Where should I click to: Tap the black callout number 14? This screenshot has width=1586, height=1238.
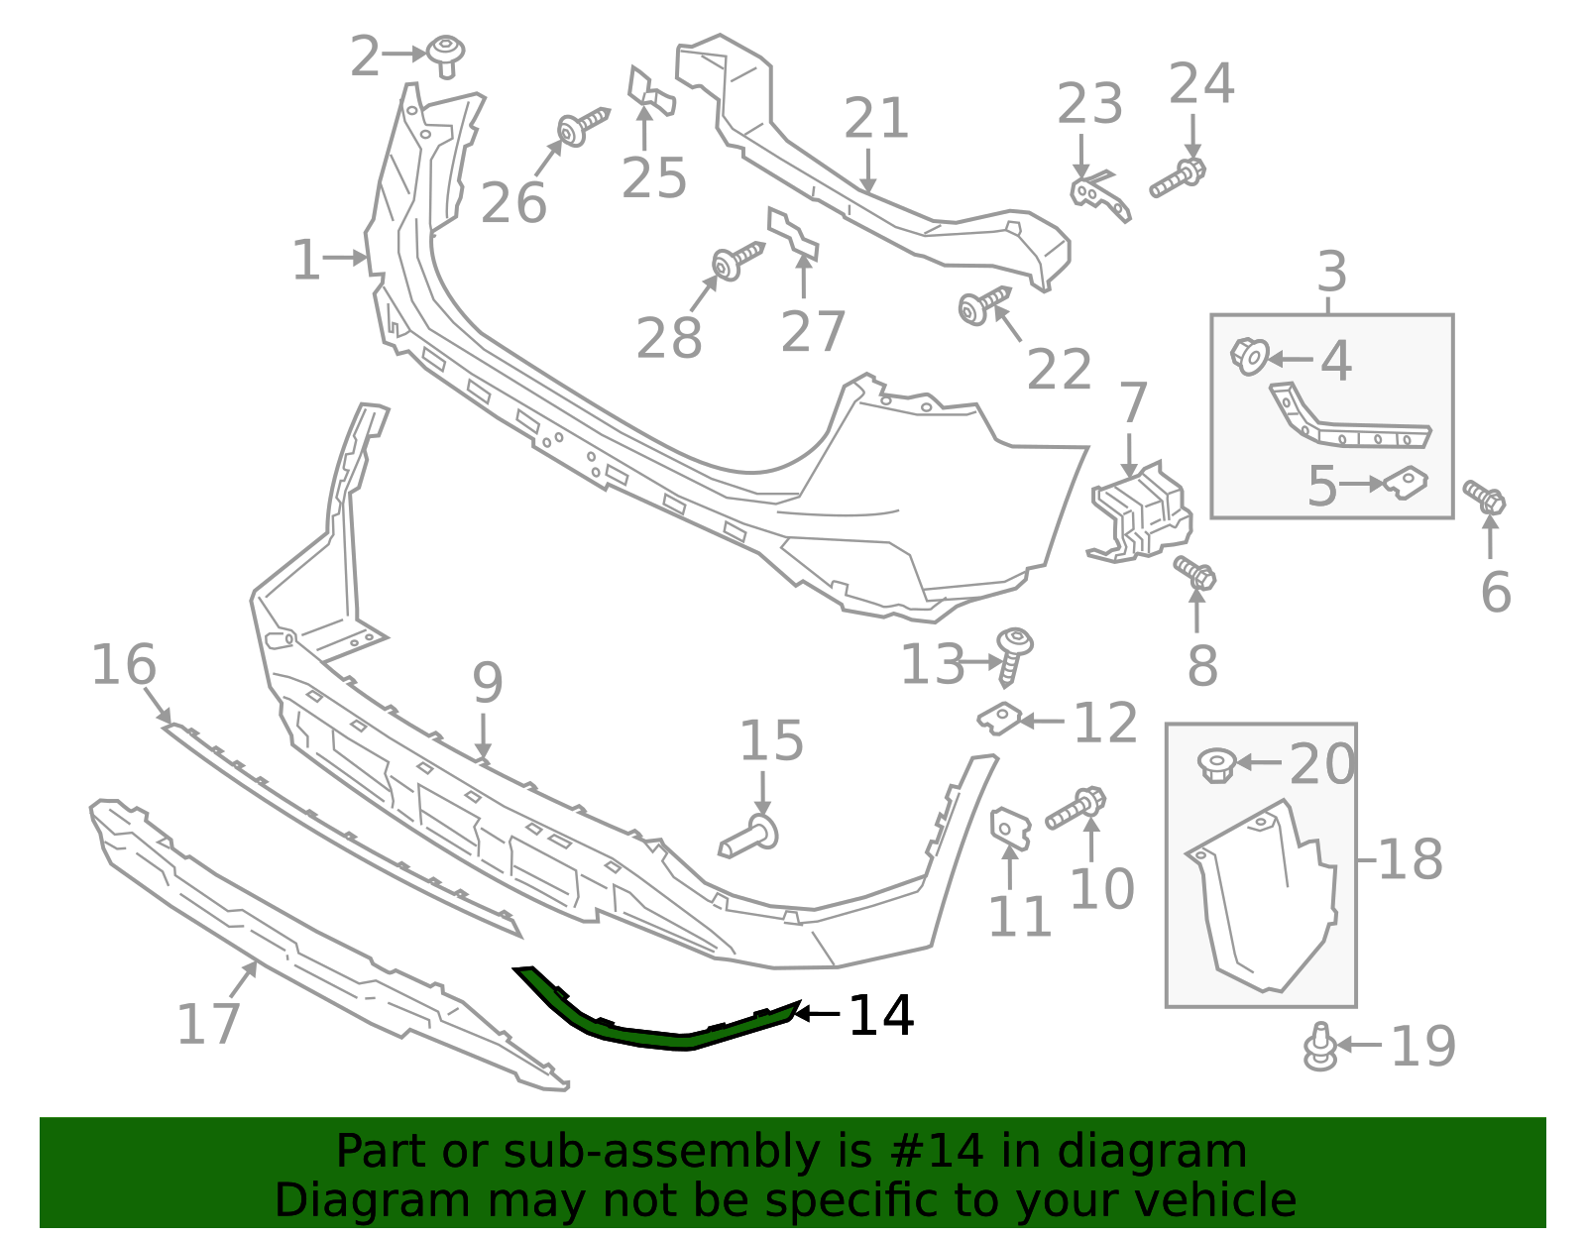click(880, 1015)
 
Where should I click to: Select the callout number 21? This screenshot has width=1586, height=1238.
click(876, 119)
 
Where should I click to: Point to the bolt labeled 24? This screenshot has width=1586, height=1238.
click(1178, 178)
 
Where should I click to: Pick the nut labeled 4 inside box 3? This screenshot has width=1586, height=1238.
click(1250, 356)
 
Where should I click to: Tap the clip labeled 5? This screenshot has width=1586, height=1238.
click(1407, 483)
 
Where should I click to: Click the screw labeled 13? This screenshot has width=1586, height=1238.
click(1013, 654)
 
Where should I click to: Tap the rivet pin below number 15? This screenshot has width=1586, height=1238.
click(749, 837)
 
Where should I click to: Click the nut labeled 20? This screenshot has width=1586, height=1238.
click(1215, 764)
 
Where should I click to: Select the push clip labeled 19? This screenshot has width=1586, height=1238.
click(1319, 1047)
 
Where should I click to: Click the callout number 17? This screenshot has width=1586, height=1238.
click(208, 1024)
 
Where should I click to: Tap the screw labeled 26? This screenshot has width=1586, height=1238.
click(581, 127)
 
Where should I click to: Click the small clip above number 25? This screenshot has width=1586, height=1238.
click(649, 90)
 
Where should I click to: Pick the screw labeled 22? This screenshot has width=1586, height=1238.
click(981, 303)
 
